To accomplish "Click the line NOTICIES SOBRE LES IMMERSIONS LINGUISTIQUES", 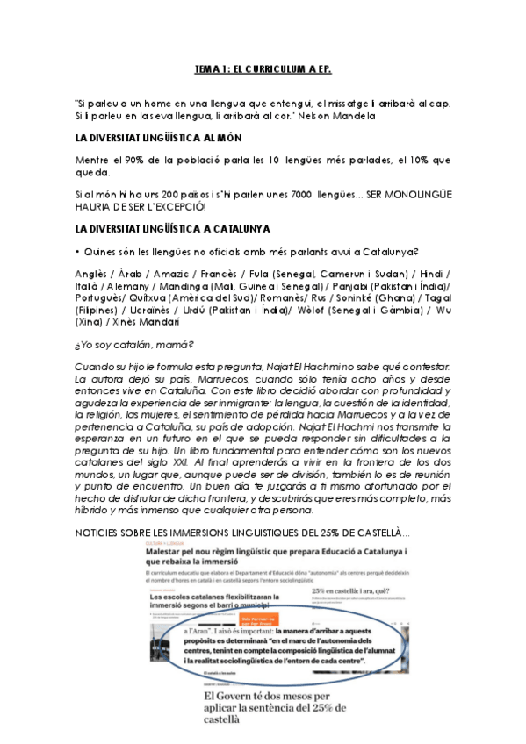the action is point(241,533).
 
